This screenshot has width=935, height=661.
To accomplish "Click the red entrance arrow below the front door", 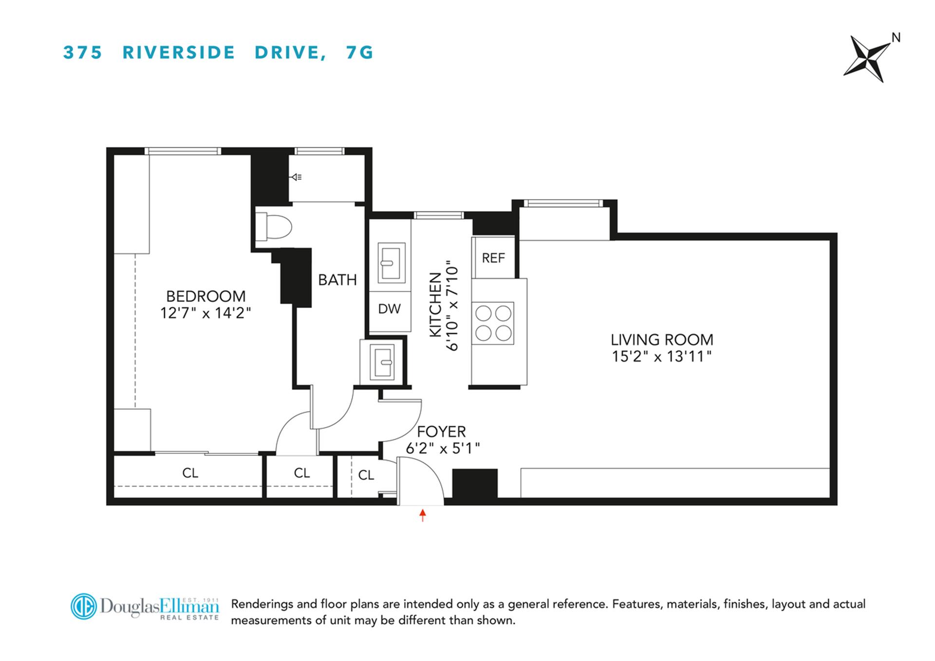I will coord(423,515).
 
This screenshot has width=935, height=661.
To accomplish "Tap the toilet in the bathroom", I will coord(275,227).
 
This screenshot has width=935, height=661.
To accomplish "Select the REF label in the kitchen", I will coord(493,258).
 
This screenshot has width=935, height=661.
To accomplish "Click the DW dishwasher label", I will coord(389,309).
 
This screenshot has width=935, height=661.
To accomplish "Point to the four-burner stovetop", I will coord(493,323).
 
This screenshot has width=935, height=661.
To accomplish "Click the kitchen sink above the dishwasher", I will coord(391,263).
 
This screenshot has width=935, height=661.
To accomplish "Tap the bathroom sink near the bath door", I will coord(382,362).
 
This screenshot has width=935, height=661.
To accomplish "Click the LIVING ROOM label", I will coord(661,340).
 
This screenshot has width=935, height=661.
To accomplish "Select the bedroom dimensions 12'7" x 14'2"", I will coord(206,313).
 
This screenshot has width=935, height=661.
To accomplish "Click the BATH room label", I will coord(337,280).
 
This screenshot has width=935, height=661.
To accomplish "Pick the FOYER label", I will coord(441,432).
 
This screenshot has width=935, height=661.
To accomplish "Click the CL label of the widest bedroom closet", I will coord(190,473).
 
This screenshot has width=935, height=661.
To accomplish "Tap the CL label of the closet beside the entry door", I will coord(366,475).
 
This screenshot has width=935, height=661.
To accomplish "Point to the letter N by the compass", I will coord(896,38).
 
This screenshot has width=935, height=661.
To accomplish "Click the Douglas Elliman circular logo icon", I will coord(83,606).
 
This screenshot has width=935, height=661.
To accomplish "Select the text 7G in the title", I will coord(359,52).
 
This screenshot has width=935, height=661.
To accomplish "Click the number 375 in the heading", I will coord(83,52).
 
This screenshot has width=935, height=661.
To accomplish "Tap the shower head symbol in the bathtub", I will coord(296,177).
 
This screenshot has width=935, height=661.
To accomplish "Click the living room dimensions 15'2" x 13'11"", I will coord(661,357).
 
